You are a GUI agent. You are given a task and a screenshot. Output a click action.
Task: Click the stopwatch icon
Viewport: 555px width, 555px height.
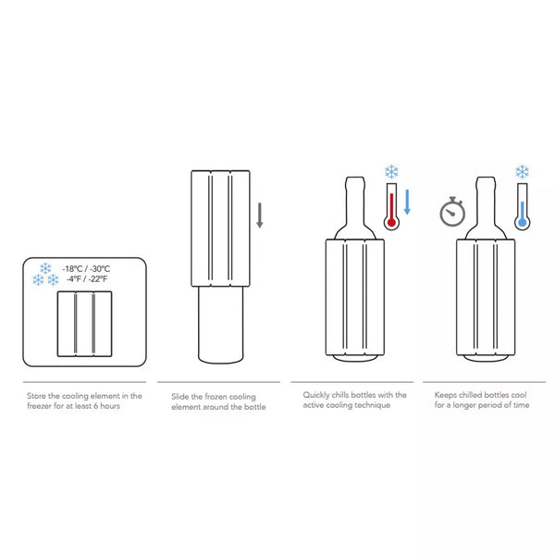click(452, 212)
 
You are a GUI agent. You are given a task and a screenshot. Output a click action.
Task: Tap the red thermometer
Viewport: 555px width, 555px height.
click(391, 206)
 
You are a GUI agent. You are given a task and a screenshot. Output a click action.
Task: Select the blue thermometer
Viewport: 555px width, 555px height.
click(522, 206)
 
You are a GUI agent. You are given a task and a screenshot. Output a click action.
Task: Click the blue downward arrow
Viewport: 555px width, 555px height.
click(407, 202)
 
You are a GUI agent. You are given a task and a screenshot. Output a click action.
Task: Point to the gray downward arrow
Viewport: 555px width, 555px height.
click(259, 216)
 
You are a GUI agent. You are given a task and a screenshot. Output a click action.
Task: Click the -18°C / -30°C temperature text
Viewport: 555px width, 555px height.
click(86, 268)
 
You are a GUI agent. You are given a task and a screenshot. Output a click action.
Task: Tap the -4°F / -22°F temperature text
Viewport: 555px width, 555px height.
click(87, 279)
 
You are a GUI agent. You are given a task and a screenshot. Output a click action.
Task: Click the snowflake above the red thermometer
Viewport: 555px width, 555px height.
click(391, 172)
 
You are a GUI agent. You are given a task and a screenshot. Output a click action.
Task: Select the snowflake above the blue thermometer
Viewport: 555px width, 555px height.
click(522, 172)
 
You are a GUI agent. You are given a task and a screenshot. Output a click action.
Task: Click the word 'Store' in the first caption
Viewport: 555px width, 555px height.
click(36, 396)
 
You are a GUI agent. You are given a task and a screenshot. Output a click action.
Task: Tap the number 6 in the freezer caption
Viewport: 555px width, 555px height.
click(95, 406)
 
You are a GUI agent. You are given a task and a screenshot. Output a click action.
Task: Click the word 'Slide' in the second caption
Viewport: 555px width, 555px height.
click(179, 397)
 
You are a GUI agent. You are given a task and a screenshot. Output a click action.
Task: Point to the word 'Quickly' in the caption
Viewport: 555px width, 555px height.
click(315, 395)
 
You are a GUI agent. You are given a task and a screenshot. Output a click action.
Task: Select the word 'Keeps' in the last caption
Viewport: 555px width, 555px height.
click(445, 395)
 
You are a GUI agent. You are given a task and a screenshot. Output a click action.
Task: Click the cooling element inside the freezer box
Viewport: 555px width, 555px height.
click(84, 324)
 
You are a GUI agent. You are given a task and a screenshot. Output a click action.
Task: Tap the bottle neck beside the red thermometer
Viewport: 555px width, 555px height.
click(355, 202)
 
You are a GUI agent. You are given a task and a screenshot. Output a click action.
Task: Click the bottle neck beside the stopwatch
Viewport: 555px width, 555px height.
click(486, 202)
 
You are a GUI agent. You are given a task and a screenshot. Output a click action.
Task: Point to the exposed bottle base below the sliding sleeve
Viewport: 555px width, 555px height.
click(220, 325)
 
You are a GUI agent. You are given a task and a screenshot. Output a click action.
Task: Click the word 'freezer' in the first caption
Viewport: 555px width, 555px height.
click(39, 406)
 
